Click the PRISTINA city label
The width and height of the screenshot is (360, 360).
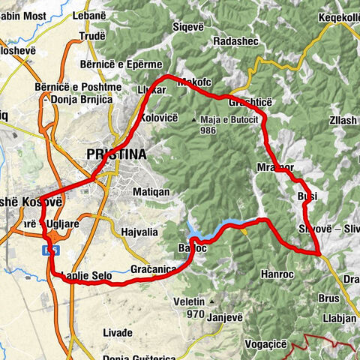click(x=116, y=154)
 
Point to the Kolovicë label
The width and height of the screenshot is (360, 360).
click(x=158, y=118)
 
